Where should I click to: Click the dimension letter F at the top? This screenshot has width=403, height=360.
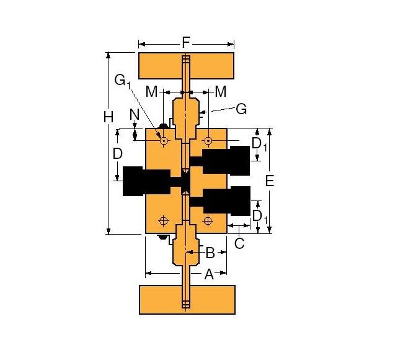pos(186,42)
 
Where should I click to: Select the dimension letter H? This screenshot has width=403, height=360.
pos(109,116)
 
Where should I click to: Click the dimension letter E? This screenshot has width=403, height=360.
pos(269,181)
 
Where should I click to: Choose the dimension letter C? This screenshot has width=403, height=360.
pos(239,243)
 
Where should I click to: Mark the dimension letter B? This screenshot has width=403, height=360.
pos(210,253)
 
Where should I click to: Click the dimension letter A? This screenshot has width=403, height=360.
pos(209,274)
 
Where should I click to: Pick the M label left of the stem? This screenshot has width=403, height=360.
pos(151,92)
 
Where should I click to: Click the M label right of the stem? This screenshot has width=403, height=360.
pos(220,92)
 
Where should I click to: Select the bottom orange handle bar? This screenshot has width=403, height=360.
pos(187,299)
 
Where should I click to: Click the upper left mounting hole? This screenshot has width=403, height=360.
pos(164,141)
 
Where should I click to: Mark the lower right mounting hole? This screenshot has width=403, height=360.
pos(208,220)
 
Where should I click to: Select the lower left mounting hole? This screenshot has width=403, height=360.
pos(164,220)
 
